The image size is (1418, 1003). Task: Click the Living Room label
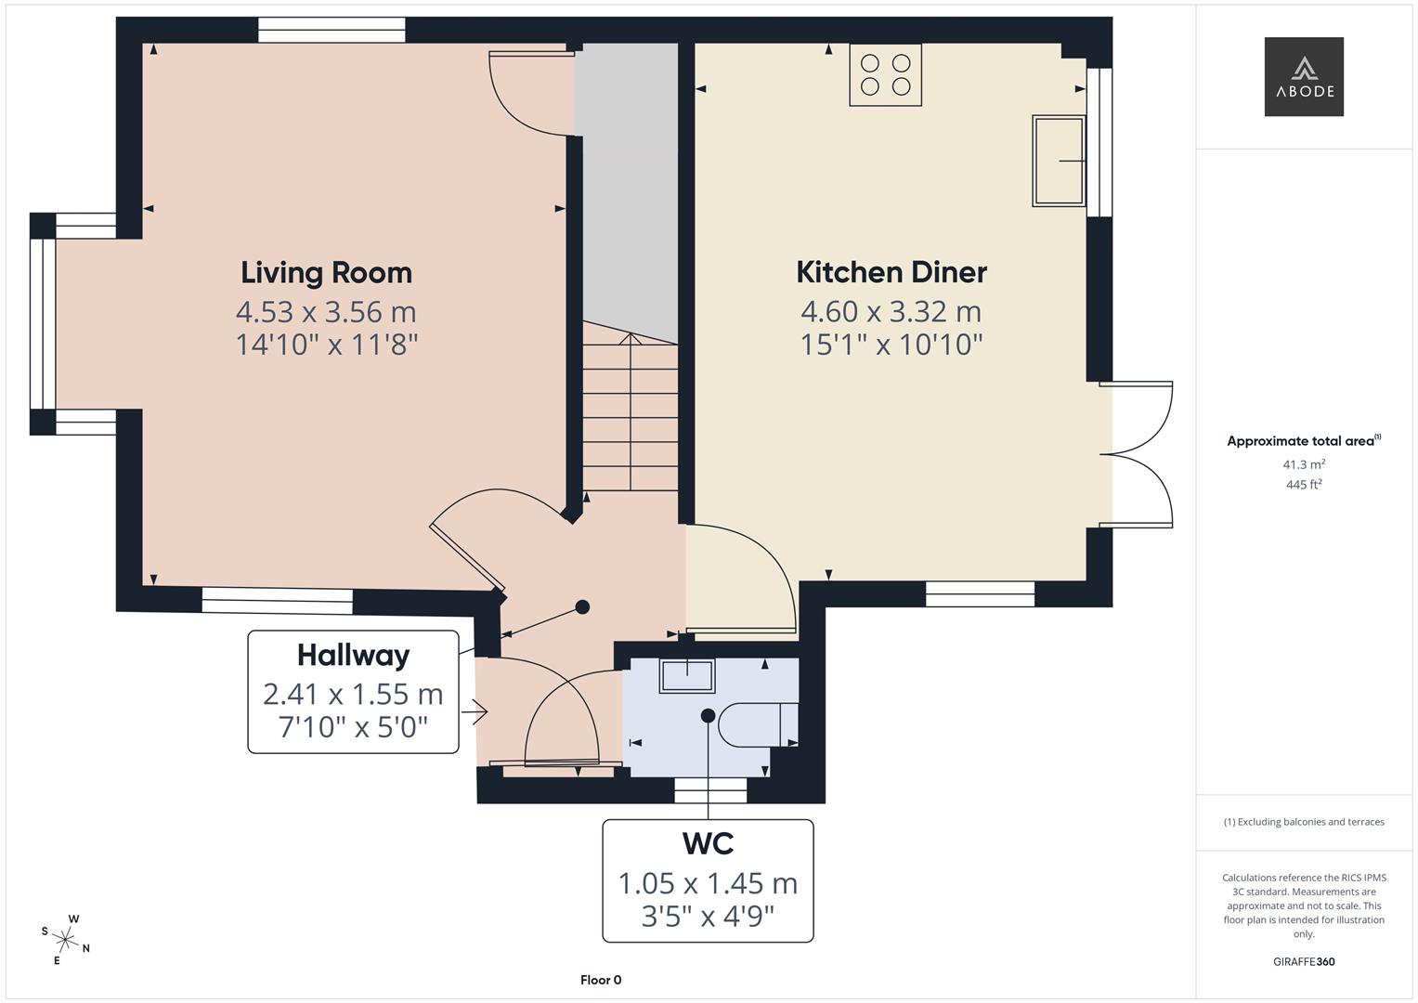326,272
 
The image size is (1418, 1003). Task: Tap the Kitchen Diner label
891,272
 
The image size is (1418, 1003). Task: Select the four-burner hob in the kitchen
885,75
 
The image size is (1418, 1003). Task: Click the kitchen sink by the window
1059,161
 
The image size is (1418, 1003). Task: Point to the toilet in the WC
756,724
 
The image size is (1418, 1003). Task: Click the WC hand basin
686,675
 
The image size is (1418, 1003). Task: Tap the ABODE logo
1304,77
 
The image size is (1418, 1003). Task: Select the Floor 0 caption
601,980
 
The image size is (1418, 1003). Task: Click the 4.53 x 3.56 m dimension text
326,311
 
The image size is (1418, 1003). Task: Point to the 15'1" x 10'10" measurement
891,345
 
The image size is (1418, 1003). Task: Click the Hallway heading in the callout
353,656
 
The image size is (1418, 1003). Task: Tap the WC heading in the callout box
708,843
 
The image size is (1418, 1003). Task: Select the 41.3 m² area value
1304,464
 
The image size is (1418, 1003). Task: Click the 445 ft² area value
1304,485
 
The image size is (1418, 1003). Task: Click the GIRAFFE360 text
1304,962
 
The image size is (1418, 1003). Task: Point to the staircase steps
631,418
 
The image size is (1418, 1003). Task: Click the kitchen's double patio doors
1138,454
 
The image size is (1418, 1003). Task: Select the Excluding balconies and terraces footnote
1304,822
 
